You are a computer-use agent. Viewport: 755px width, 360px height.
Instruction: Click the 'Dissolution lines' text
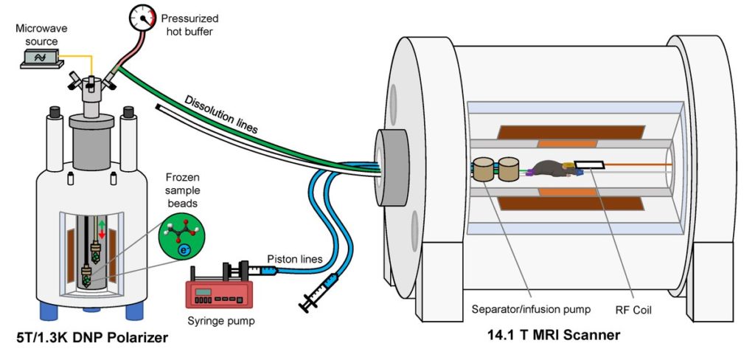(x=221, y=114)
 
